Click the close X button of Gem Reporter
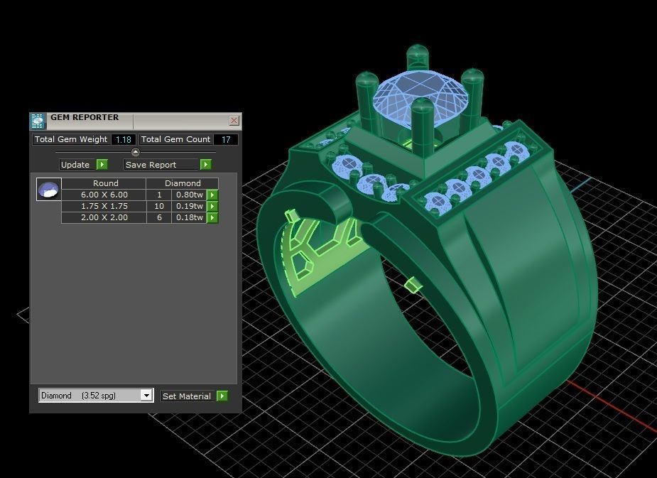pos(234,121)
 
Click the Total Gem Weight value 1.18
pos(123,140)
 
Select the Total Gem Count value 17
pos(226,140)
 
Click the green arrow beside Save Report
pos(205,165)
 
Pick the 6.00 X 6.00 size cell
pos(104,195)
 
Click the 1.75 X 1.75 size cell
pos(104,206)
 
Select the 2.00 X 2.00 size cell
pos(104,217)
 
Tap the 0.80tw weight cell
pos(189,195)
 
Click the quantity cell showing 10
pos(159,206)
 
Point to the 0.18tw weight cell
pos(189,217)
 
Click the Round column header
pos(105,183)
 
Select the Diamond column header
pos(183,183)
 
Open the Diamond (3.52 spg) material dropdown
pos(96,396)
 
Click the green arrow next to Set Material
pos(222,396)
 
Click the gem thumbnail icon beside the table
pos(48,190)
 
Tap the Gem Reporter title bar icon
pos(38,120)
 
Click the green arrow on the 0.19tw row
pos(212,206)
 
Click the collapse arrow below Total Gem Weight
pos(135,152)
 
